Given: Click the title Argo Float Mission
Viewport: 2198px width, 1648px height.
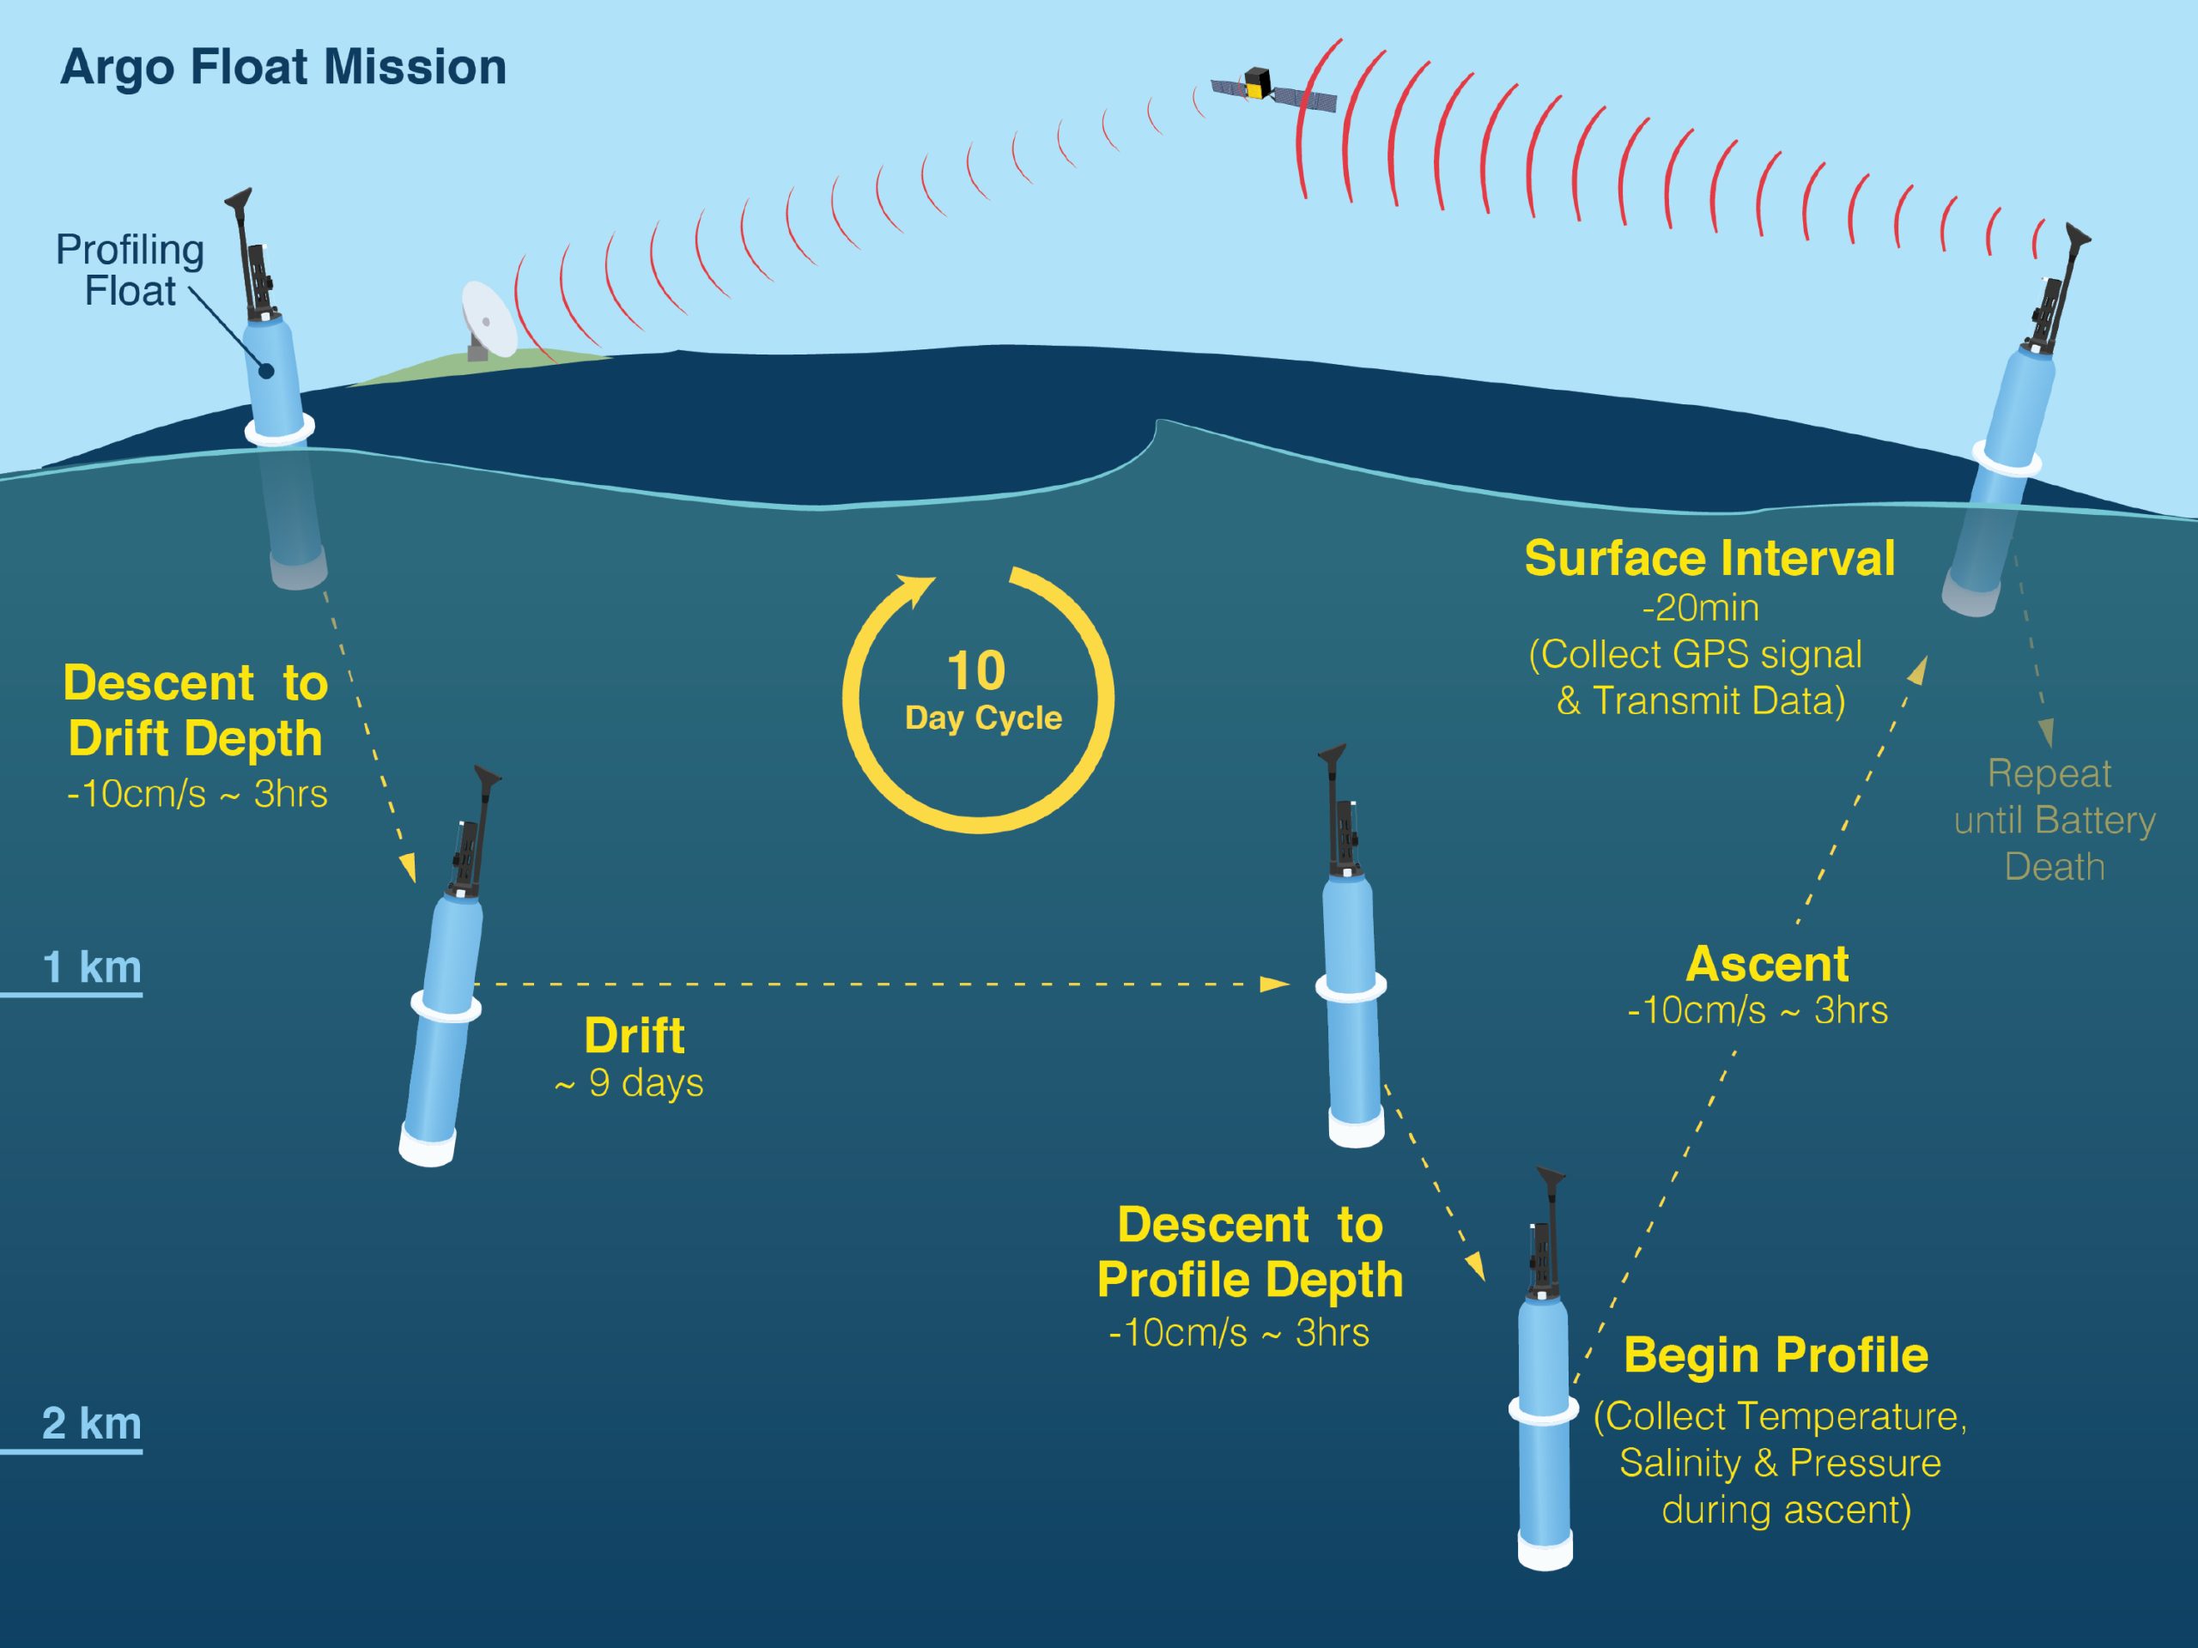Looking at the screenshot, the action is click(x=283, y=69).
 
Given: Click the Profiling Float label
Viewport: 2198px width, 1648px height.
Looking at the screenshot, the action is click(x=129, y=270).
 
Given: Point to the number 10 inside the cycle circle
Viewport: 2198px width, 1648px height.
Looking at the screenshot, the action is click(x=975, y=671).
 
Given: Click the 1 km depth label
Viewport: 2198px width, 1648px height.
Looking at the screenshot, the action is click(x=91, y=966).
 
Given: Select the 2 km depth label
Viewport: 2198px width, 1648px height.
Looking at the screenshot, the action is click(x=91, y=1423).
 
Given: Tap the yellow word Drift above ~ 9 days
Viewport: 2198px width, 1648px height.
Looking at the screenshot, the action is click(x=634, y=1036).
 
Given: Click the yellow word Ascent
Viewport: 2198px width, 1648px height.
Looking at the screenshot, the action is click(x=1768, y=964).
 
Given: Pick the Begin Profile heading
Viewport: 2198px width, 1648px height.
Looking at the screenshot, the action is click(x=1776, y=1356).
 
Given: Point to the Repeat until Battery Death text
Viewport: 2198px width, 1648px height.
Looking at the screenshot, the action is click(x=2054, y=820).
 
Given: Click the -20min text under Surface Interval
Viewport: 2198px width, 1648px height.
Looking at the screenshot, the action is click(x=1701, y=607).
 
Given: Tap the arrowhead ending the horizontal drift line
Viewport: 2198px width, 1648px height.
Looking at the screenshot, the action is click(x=1275, y=985).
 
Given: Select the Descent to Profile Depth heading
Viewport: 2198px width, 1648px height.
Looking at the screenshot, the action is click(x=1250, y=1251).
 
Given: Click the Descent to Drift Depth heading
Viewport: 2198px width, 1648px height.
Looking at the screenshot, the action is click(x=196, y=710).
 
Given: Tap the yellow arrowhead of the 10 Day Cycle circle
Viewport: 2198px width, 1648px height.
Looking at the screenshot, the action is click(x=916, y=590).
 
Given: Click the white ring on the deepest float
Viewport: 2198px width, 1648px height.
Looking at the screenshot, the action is click(x=1543, y=1409).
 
